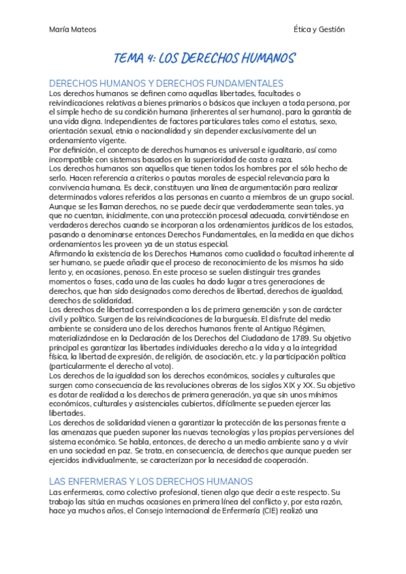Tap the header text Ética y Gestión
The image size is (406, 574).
tap(319, 29)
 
